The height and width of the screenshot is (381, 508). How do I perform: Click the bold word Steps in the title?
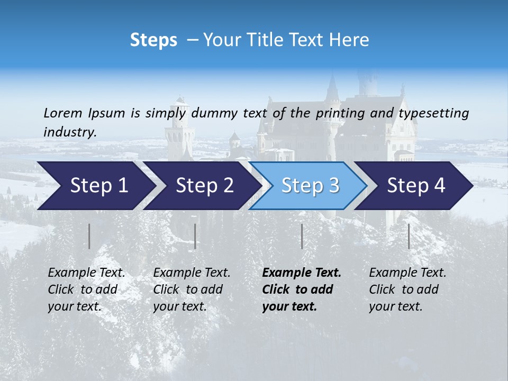(x=153, y=40)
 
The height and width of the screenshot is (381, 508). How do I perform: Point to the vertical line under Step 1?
(x=89, y=236)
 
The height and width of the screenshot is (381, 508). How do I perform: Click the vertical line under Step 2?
(x=195, y=236)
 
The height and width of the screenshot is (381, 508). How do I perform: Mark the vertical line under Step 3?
(x=302, y=236)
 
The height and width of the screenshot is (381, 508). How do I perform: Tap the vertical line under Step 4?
(x=409, y=236)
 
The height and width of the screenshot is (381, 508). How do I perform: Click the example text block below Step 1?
(x=86, y=289)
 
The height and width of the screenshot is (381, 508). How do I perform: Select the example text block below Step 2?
(x=192, y=289)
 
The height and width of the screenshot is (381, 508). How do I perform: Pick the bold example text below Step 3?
(x=302, y=289)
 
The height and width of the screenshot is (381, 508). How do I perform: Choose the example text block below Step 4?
(x=407, y=289)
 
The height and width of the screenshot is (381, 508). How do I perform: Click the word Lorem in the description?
(x=63, y=113)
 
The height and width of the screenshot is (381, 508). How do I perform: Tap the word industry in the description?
(x=69, y=132)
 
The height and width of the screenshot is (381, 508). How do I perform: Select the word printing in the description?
(x=342, y=113)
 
